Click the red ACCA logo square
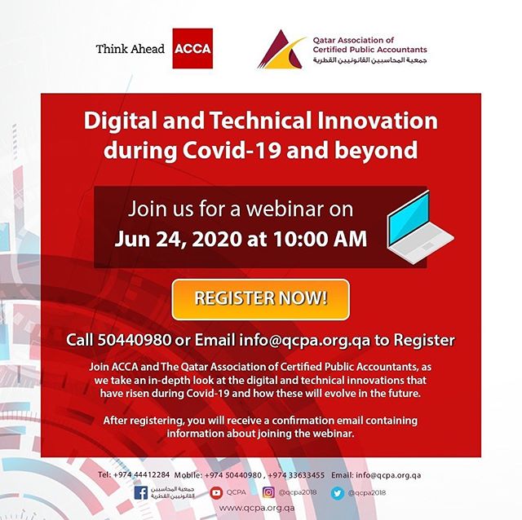(192, 49)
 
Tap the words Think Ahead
(130, 49)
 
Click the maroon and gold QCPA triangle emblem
(281, 49)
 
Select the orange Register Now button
(261, 299)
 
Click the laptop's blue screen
(409, 218)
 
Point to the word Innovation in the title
(377, 121)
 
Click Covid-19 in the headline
(232, 151)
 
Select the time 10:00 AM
(321, 239)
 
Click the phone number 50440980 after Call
(135, 340)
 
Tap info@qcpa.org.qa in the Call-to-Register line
(304, 341)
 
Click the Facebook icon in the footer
(141, 493)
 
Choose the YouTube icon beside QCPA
(216, 493)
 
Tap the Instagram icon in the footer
(268, 492)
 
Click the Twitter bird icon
(337, 493)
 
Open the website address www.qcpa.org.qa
(257, 508)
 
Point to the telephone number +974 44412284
(141, 474)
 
